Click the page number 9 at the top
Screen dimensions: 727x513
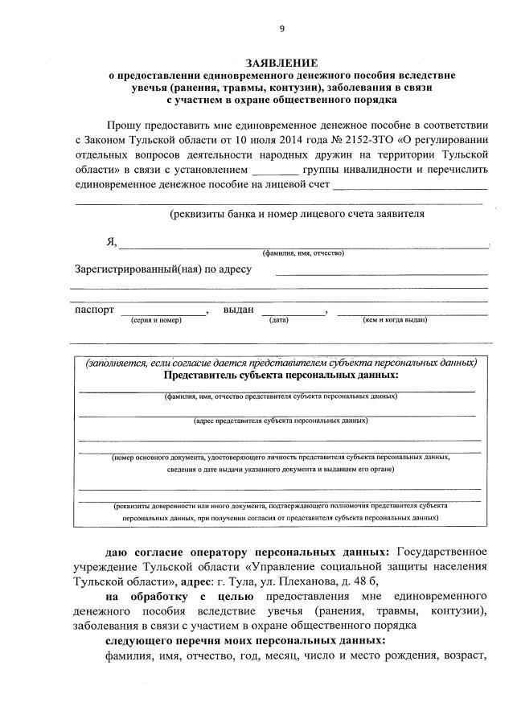[x=281, y=30]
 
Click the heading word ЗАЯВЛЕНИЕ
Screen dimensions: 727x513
[x=281, y=63]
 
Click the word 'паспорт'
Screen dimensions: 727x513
[x=95, y=310]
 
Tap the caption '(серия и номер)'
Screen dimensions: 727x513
[x=156, y=320]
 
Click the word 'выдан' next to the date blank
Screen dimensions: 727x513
[x=239, y=310]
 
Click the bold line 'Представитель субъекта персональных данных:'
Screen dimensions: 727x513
[x=281, y=375]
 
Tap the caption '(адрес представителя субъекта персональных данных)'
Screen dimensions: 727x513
[x=281, y=420]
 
